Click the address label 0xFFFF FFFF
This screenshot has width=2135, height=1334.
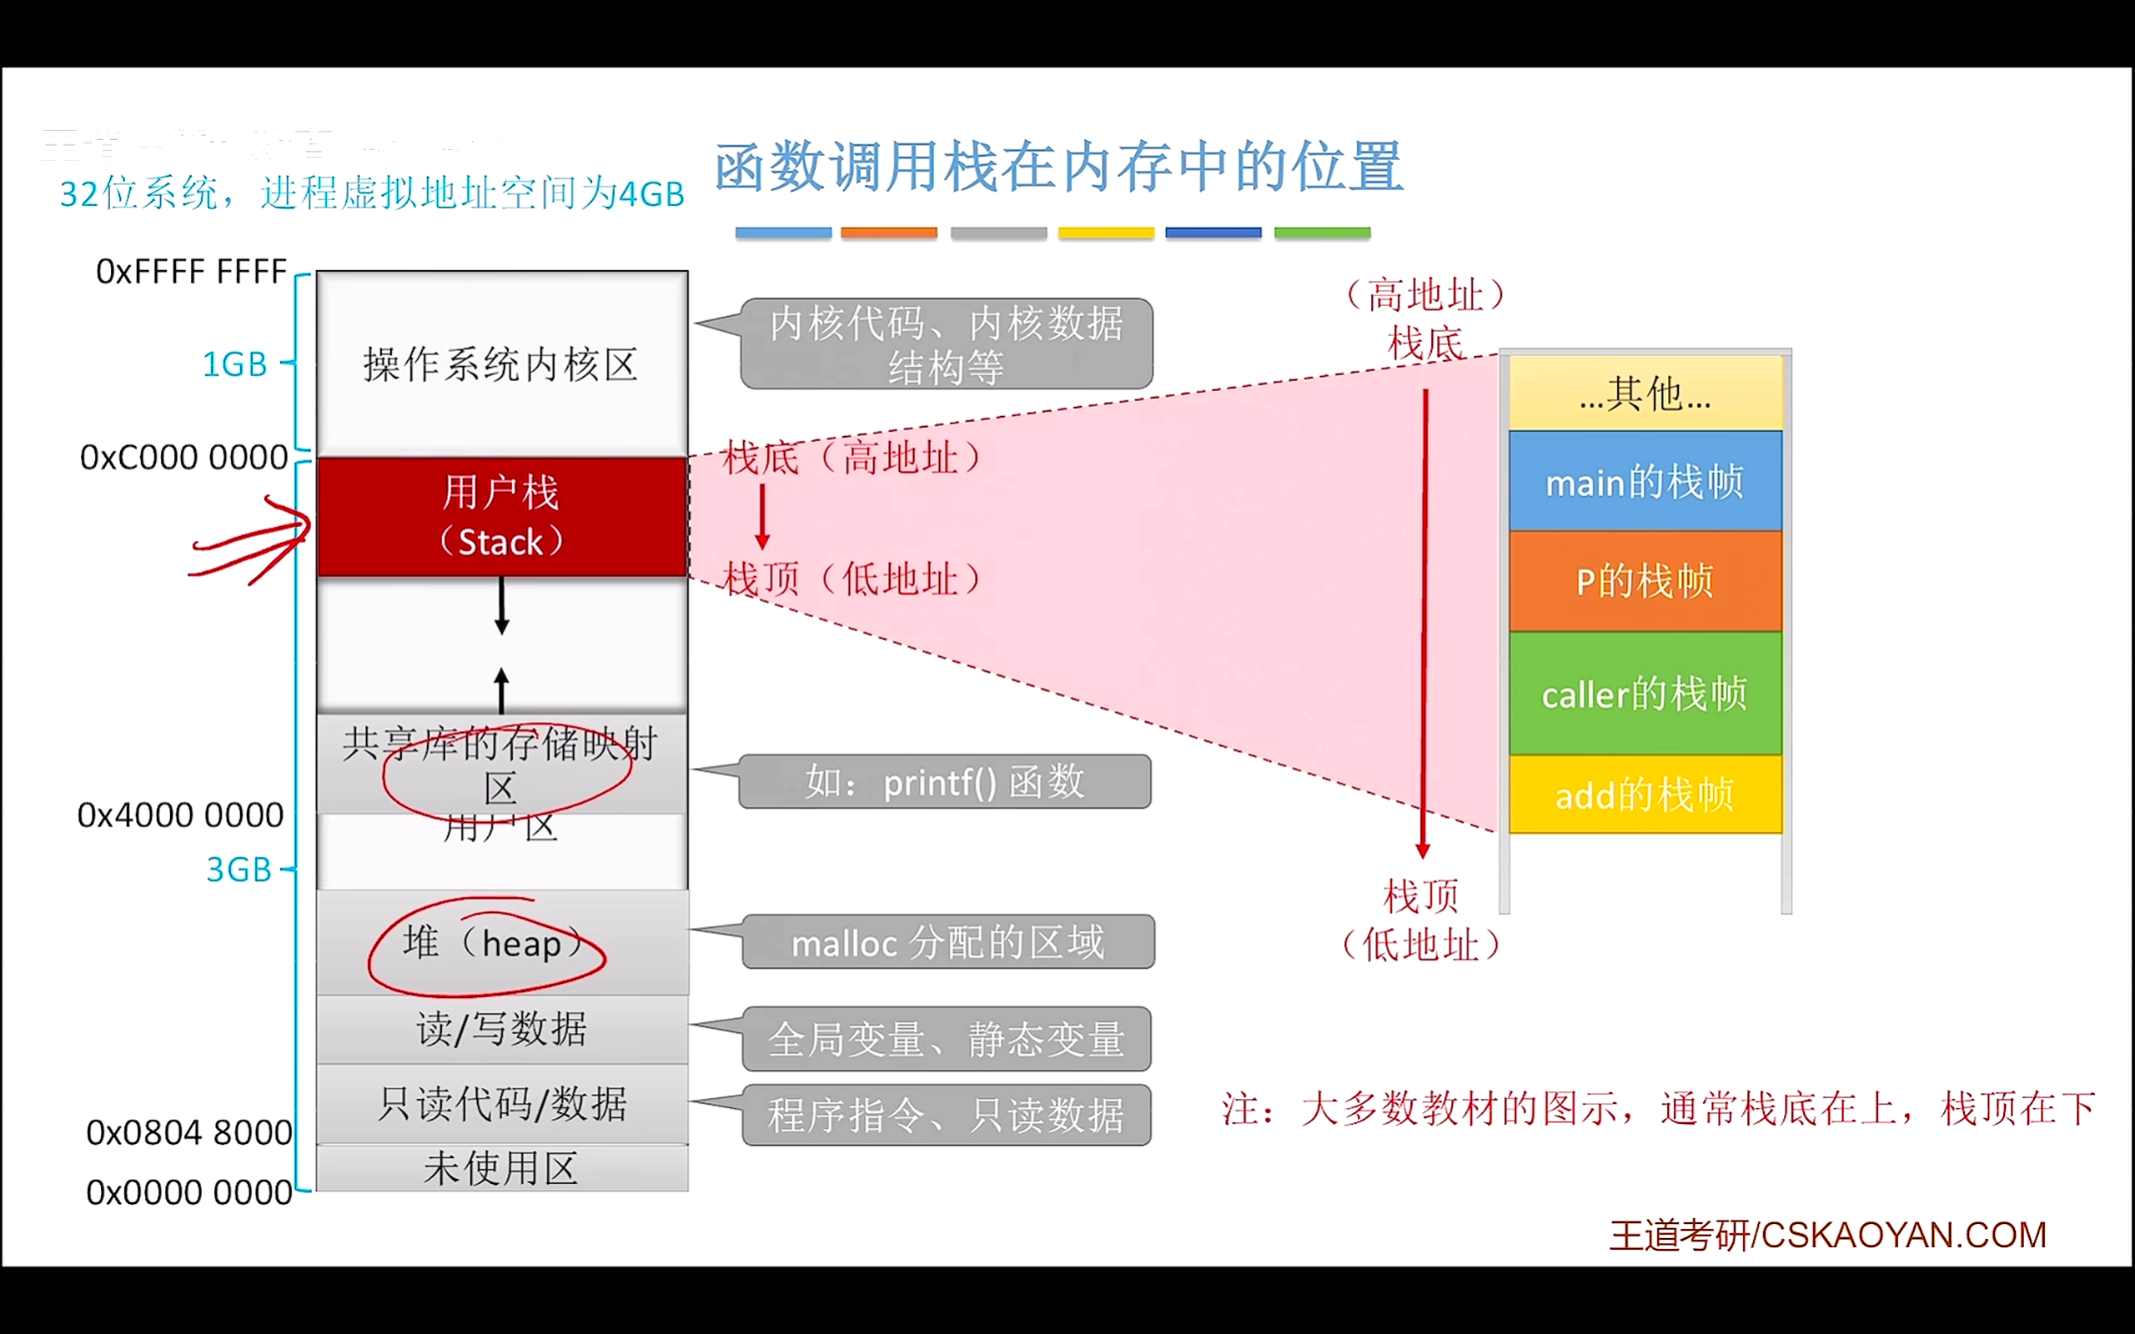[192, 272]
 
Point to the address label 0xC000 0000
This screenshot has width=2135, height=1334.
[183, 457]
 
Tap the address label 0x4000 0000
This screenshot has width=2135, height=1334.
[181, 815]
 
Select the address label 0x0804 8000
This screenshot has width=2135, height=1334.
[188, 1132]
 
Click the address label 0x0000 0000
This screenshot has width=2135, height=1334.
[188, 1192]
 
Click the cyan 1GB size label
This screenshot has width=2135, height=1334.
[234, 364]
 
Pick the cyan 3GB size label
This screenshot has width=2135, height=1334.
[239, 870]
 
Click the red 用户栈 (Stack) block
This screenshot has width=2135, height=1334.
[501, 517]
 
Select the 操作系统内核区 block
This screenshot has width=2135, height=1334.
[501, 364]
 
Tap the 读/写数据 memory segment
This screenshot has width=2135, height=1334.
[501, 1029]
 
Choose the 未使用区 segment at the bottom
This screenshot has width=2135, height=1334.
[501, 1169]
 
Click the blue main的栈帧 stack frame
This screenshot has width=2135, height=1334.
[1645, 482]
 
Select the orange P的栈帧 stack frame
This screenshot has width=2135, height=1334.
[1645, 581]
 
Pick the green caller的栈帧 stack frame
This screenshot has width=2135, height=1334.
[1645, 695]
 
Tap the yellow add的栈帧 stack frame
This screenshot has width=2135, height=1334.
[1645, 795]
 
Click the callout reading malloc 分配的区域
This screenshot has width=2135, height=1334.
[947, 942]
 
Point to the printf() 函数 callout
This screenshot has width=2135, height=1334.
[944, 782]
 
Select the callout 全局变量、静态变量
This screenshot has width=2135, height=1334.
[946, 1040]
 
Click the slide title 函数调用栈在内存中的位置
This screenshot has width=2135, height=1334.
[1057, 167]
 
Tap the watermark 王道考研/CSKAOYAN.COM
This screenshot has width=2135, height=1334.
[1828, 1235]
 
